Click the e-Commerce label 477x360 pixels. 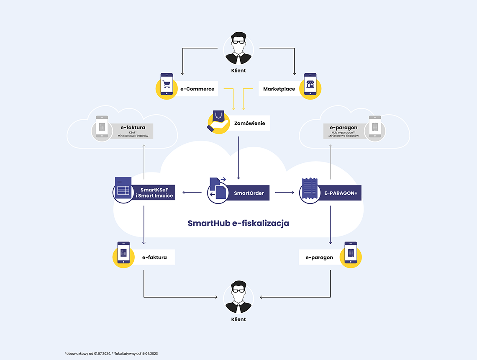click(197, 89)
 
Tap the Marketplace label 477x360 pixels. click(279, 89)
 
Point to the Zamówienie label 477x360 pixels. click(249, 123)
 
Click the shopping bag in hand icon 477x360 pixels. click(218, 122)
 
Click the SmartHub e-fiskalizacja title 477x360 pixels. click(238, 223)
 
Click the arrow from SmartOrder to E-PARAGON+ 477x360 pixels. click(285, 192)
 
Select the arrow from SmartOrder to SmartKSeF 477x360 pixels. click(192, 192)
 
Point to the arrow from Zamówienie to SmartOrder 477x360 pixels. click(238, 158)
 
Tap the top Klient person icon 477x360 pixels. click(238, 49)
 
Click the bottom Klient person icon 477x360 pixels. click(238, 297)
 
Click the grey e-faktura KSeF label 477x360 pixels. click(133, 131)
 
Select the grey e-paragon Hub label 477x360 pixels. click(344, 131)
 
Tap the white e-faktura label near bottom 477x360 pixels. click(154, 257)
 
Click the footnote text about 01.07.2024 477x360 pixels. click(111, 354)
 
